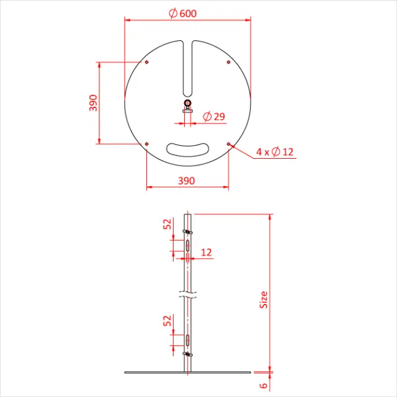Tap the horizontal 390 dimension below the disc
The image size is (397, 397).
pos(187,181)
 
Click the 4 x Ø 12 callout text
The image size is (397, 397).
pos(274,152)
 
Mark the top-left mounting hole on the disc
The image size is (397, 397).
pos(146,63)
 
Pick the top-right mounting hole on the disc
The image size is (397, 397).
pos(229,63)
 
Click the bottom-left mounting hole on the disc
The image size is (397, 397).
pos(146,144)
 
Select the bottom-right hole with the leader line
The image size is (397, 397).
pos(229,144)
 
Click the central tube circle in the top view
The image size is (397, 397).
pos(188,104)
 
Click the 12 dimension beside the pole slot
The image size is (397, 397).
pos(207,252)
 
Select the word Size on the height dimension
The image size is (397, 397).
pos(264,300)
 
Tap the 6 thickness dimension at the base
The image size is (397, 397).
pos(264,386)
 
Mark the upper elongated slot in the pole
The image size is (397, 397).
pos(188,246)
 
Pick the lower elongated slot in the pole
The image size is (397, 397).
pos(188,339)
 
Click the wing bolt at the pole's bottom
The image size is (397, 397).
pos(188,354)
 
